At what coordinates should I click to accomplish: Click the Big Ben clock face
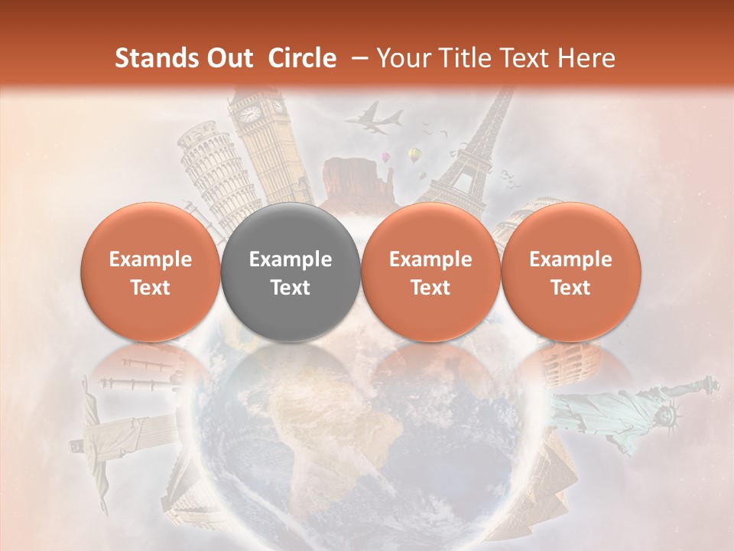250,114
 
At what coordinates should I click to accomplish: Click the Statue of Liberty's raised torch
711,380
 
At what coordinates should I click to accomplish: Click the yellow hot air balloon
414,155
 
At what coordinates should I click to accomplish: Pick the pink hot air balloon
386,158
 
